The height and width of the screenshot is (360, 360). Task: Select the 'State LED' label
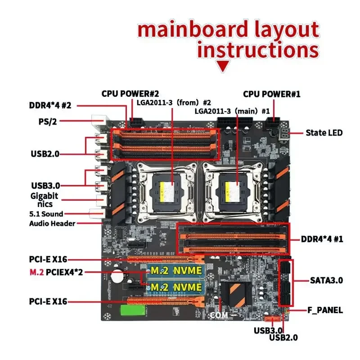coord(324,133)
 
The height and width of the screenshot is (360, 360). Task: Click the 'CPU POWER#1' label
coord(271,94)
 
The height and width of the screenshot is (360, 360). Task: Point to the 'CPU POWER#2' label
coord(130,94)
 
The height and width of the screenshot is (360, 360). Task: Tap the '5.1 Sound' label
coord(46,214)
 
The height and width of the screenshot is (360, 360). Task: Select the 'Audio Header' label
coord(53,224)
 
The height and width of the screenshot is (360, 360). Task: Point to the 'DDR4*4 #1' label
coord(322,239)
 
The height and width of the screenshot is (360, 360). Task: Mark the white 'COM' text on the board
coord(219,315)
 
